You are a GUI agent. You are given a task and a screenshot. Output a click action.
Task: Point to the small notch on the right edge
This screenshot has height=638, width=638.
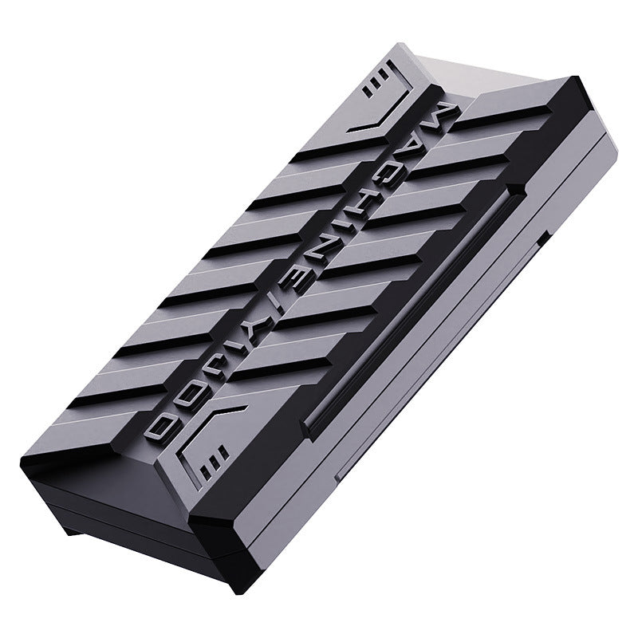542,236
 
